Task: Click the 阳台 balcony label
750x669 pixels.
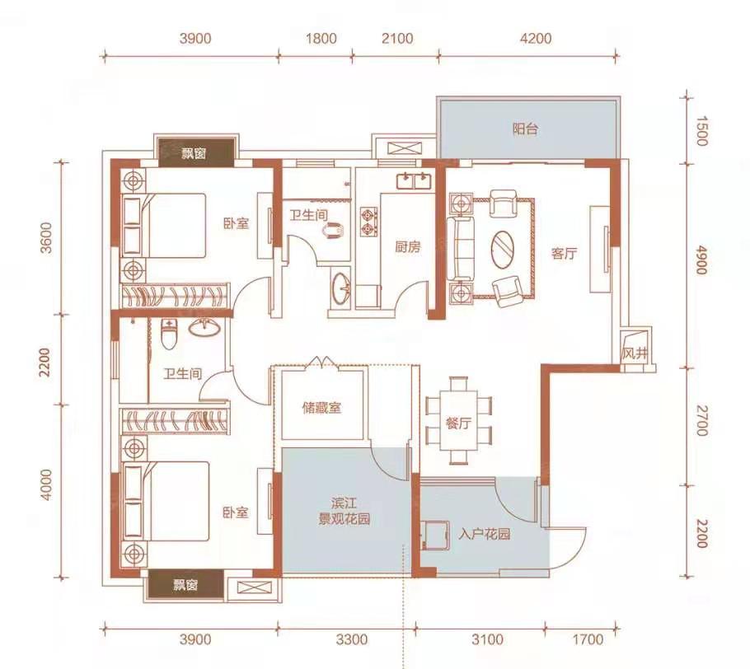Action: (x=525, y=129)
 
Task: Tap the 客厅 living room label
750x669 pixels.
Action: (x=565, y=254)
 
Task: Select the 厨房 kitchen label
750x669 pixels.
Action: (x=407, y=246)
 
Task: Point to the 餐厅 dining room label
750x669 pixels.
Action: (x=458, y=423)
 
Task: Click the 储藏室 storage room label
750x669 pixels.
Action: (x=322, y=408)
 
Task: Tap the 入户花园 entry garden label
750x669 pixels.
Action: (x=484, y=534)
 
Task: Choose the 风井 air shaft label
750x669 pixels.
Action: (x=635, y=354)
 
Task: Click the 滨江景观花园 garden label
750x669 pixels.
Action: (x=345, y=511)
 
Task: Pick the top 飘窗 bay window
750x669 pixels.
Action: (x=194, y=153)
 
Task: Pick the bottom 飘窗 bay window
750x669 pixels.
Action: (x=185, y=584)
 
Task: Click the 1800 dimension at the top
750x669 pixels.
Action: (x=321, y=38)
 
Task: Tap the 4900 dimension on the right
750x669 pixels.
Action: (x=701, y=260)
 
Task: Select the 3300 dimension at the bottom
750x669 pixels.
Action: (x=352, y=639)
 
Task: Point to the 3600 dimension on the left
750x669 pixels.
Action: (x=46, y=237)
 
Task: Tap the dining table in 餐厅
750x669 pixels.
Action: (x=459, y=420)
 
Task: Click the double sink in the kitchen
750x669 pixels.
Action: (x=414, y=181)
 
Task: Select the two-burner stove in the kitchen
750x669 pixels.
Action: (x=368, y=222)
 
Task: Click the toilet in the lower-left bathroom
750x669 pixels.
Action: (x=168, y=334)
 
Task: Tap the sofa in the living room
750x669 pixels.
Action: (x=461, y=249)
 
